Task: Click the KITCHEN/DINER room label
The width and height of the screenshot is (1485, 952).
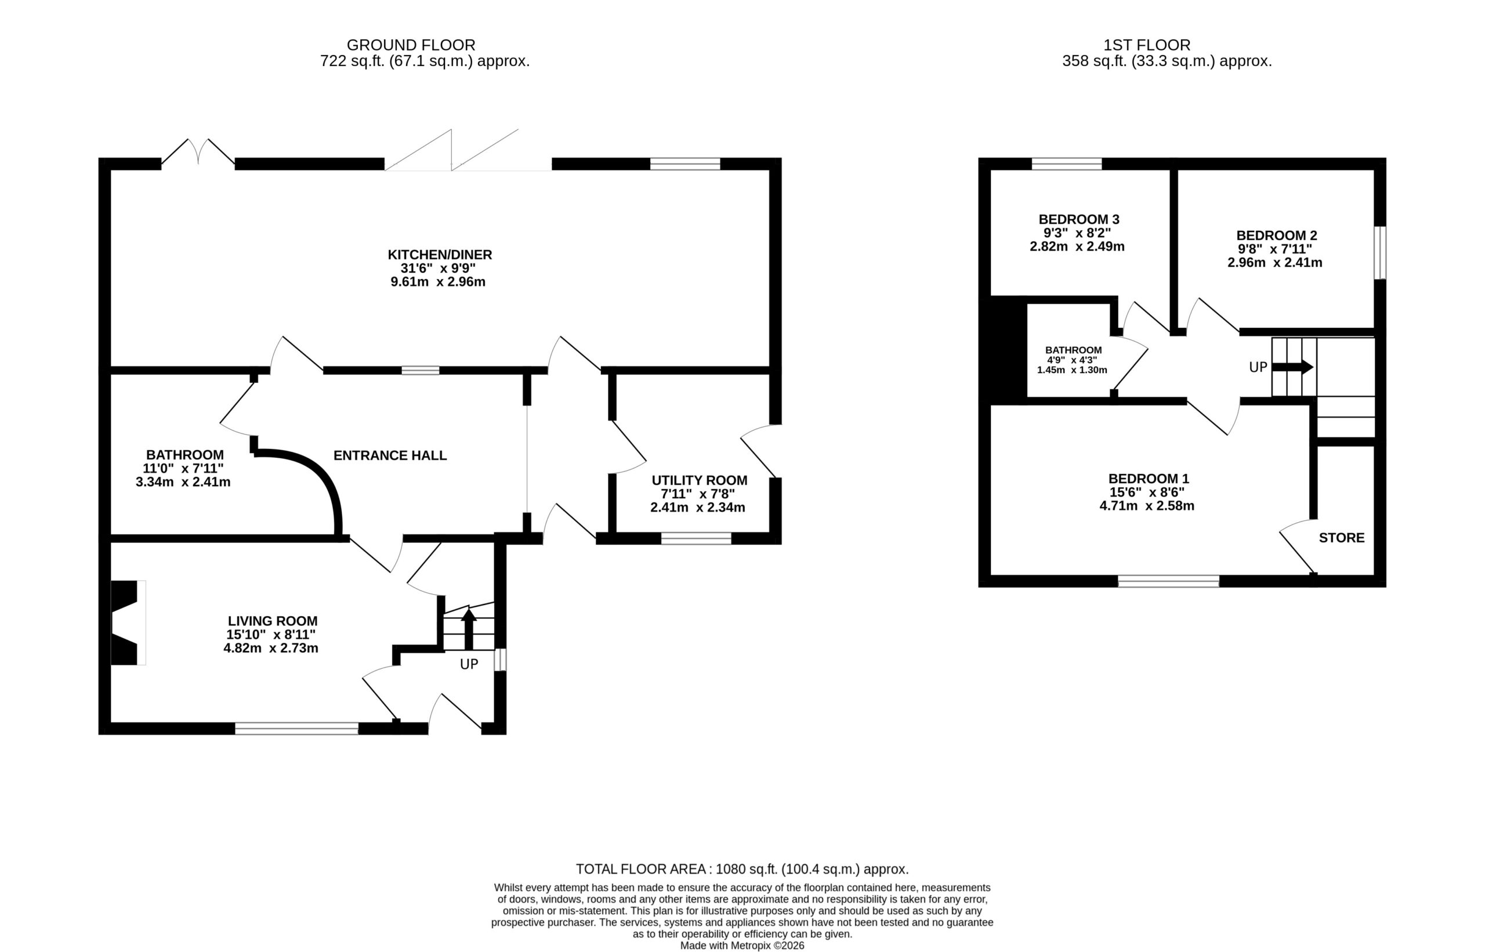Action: pyautogui.click(x=439, y=255)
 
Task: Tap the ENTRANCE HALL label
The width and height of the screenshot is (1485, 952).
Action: pyautogui.click(x=390, y=455)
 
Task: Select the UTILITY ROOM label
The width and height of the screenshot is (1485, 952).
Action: pyautogui.click(x=699, y=480)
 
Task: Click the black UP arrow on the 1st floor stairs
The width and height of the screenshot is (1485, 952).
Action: pyautogui.click(x=1293, y=367)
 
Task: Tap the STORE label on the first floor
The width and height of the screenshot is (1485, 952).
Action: pyautogui.click(x=1342, y=538)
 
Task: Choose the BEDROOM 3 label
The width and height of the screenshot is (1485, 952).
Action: pyautogui.click(x=1079, y=219)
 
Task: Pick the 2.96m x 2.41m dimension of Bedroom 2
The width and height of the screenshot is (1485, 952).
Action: pyautogui.click(x=1275, y=263)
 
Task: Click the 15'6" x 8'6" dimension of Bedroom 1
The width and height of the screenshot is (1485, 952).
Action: pyautogui.click(x=1146, y=493)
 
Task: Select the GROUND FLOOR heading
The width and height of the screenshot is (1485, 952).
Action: pyautogui.click(x=411, y=45)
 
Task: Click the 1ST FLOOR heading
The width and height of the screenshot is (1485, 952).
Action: pyautogui.click(x=1147, y=45)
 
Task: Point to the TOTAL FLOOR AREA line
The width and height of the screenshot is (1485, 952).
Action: pyautogui.click(x=742, y=869)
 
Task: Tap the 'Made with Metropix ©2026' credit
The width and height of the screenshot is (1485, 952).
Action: pyautogui.click(x=742, y=946)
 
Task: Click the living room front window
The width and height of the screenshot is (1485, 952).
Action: pyautogui.click(x=296, y=728)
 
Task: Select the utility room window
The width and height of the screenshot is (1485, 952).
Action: pyautogui.click(x=696, y=538)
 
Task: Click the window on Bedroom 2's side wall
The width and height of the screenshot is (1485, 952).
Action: pyautogui.click(x=1380, y=253)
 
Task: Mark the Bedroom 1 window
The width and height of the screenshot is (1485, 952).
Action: pyautogui.click(x=1169, y=581)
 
